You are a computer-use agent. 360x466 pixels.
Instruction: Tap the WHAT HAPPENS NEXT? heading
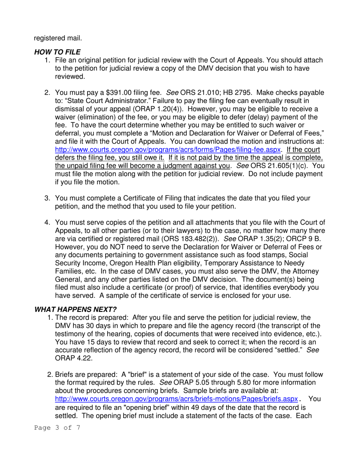(x=75, y=309)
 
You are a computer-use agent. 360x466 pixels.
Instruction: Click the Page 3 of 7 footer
(x=57, y=428)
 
